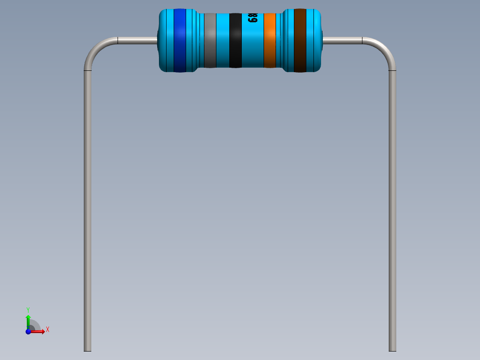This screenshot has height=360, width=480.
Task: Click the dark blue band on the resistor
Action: pos(179,40)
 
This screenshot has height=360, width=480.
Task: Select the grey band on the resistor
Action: pos(210,40)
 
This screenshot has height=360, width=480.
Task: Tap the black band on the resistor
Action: pos(235,40)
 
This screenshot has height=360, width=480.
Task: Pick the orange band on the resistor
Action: pos(270,40)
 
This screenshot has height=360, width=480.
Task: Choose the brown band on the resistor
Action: pos(300,40)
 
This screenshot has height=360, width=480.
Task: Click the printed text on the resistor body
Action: pos(252,18)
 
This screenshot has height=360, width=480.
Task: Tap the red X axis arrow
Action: pos(39,331)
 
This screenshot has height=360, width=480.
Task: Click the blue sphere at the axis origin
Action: pos(28,331)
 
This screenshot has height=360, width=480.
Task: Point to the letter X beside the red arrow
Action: pos(47,330)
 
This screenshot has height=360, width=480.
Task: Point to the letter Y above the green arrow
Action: pos(28,310)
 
